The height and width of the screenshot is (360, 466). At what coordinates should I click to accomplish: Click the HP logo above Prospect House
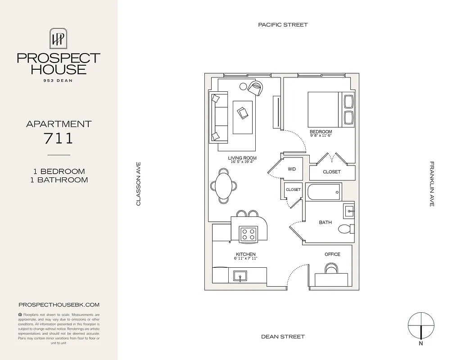point(58,38)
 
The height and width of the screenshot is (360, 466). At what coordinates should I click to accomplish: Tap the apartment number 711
point(59,138)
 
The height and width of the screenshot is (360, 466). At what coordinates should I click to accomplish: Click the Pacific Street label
point(283,25)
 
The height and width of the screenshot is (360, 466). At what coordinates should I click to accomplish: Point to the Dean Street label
point(283,337)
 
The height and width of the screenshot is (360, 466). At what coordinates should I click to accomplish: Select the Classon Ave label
point(139,184)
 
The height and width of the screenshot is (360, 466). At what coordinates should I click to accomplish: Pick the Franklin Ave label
point(431,184)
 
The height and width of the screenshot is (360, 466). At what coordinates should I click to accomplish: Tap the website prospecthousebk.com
point(59,305)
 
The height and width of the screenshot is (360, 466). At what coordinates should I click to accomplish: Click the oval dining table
point(224,186)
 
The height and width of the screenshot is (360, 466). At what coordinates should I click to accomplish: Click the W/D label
point(292,169)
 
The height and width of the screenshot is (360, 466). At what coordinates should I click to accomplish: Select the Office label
point(332,254)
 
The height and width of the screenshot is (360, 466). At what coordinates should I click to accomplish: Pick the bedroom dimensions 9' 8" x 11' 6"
point(321,135)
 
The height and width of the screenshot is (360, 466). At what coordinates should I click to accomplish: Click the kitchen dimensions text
point(245,259)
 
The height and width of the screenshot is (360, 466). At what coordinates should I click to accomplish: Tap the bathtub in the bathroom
point(323,192)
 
